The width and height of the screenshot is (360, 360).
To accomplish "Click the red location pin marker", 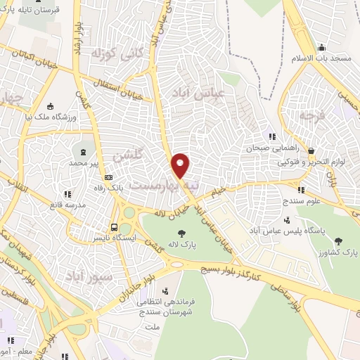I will pos(181,165).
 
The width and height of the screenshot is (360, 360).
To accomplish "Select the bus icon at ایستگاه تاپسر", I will pos(114,227).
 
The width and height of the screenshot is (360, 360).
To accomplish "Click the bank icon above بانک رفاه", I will pos(108,178).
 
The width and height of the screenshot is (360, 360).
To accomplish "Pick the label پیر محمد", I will pos(84,163).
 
